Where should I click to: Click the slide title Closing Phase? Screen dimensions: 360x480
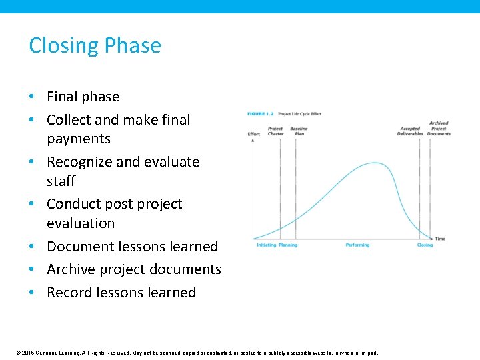tap(95, 45)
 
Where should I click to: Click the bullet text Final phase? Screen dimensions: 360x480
tap(83, 97)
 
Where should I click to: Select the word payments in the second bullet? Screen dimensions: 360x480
tap(78, 139)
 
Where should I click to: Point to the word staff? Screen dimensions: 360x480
tap(61, 181)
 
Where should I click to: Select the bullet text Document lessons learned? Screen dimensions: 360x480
tap(132, 247)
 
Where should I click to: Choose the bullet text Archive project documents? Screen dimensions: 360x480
tap(133, 269)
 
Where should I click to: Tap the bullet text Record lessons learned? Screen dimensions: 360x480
tap(121, 293)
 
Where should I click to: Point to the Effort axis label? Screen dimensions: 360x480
tap(254, 134)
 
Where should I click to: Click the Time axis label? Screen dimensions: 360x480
tap(440, 239)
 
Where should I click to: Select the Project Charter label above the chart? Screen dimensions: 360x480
tap(275, 131)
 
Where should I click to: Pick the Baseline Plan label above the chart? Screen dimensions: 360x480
tap(299, 131)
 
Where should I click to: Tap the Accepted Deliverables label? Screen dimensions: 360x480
tap(410, 131)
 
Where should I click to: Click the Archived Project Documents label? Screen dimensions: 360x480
tap(439, 128)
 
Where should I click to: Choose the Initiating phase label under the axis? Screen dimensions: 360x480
tap(266, 245)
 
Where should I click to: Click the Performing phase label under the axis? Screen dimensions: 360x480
tap(357, 245)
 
